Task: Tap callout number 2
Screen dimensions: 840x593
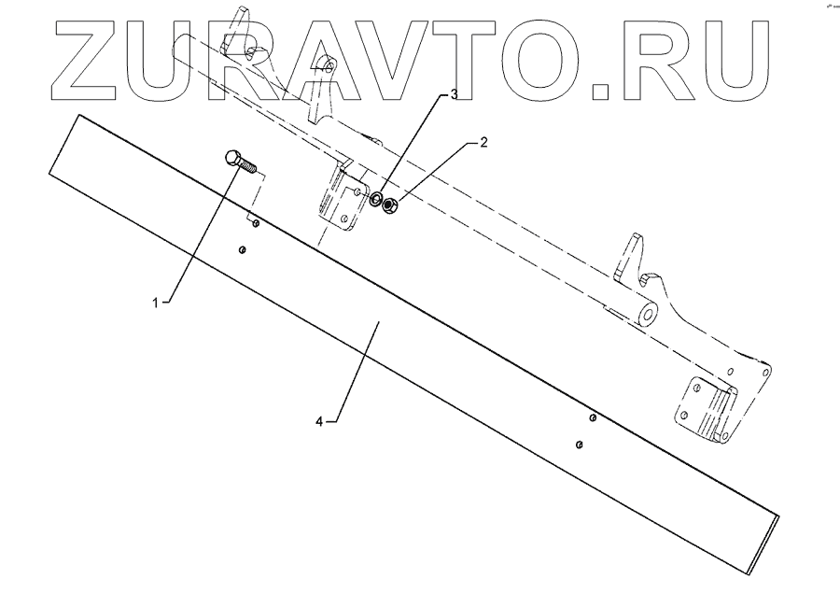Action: (x=483, y=143)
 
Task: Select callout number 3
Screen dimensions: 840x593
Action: (x=453, y=95)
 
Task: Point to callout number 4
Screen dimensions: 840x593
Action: (x=319, y=421)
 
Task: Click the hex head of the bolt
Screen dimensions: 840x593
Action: (x=233, y=159)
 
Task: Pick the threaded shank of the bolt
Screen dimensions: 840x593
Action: (x=250, y=168)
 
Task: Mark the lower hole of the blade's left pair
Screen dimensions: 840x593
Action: (x=243, y=249)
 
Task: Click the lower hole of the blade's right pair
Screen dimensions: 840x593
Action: (x=580, y=444)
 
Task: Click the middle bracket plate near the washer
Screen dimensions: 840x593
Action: (x=341, y=201)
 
